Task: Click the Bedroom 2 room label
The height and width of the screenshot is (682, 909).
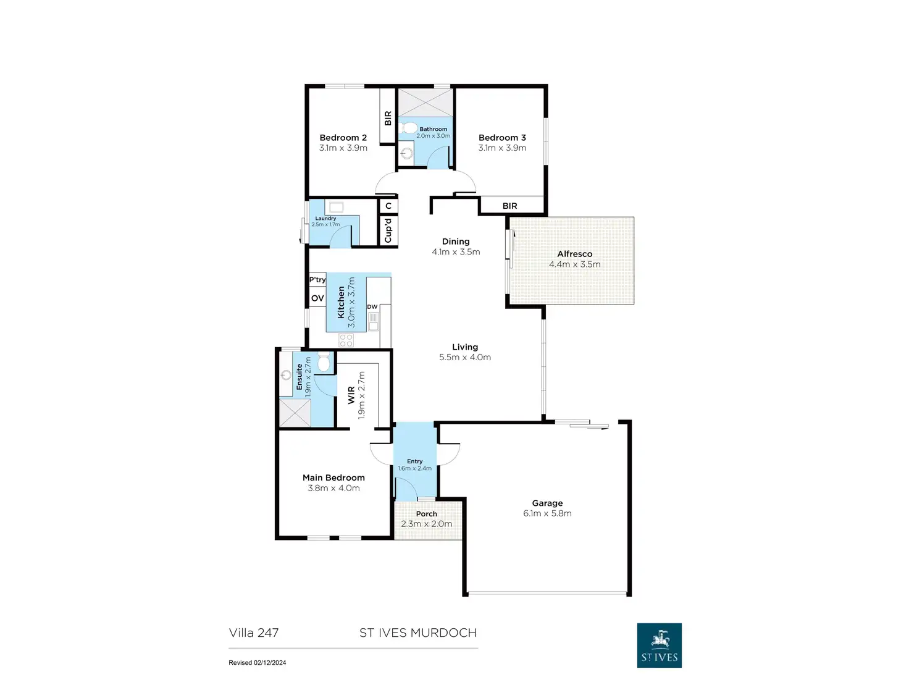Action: coord(343,138)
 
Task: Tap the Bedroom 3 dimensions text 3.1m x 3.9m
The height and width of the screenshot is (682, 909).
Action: coord(502,148)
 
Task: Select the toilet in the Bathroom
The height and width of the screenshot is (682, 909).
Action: coord(409,128)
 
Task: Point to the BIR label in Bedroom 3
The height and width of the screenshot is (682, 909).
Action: coord(509,206)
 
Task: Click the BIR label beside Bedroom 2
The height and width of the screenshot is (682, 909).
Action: coord(388,118)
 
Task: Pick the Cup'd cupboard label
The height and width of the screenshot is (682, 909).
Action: coord(388,230)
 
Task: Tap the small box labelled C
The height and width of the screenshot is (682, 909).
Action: coord(388,206)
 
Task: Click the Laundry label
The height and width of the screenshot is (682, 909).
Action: coord(325,218)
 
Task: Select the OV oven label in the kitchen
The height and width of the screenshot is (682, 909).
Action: coord(317,298)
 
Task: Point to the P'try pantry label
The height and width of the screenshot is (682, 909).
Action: coord(317,280)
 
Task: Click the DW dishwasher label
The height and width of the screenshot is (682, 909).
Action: coord(372,307)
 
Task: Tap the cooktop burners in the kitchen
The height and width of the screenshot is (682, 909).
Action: coord(346,340)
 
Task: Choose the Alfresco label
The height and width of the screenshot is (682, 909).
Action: coord(574,254)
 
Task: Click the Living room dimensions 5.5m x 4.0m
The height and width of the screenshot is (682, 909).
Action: coord(465,358)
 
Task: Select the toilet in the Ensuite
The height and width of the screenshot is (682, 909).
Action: coord(324,362)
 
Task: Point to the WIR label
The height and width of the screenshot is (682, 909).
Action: coord(351,395)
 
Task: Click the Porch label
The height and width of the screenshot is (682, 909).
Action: coord(426,514)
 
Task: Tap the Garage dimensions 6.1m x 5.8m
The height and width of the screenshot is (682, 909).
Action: coord(547,513)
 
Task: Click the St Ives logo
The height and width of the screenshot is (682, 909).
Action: coord(659,645)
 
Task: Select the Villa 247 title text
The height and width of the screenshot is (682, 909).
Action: coord(254,633)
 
